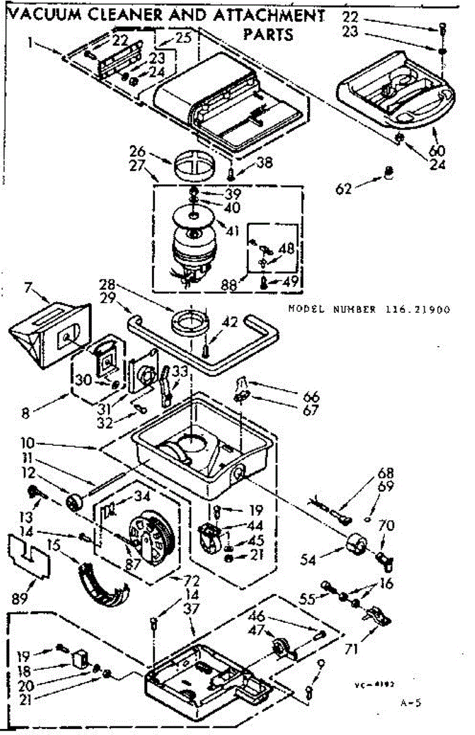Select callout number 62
pyautogui.click(x=345, y=188)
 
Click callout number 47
pyautogui.click(x=256, y=630)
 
